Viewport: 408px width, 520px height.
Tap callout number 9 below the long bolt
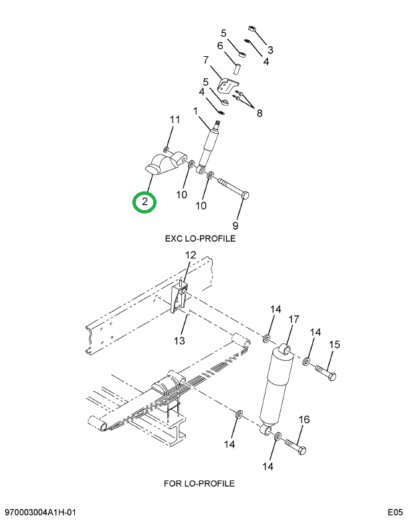(235, 224)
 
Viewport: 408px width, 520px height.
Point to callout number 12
(190, 255)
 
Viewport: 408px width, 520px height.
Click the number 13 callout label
(179, 341)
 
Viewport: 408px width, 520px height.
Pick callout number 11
(175, 120)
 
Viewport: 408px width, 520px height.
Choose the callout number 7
(205, 60)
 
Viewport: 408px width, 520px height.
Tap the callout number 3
(270, 50)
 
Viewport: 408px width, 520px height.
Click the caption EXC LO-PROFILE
(200, 238)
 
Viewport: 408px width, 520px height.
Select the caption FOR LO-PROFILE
(199, 483)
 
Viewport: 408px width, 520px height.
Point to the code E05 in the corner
(393, 513)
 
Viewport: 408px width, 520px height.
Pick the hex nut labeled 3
(254, 29)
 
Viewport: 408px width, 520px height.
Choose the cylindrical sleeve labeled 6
(237, 69)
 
